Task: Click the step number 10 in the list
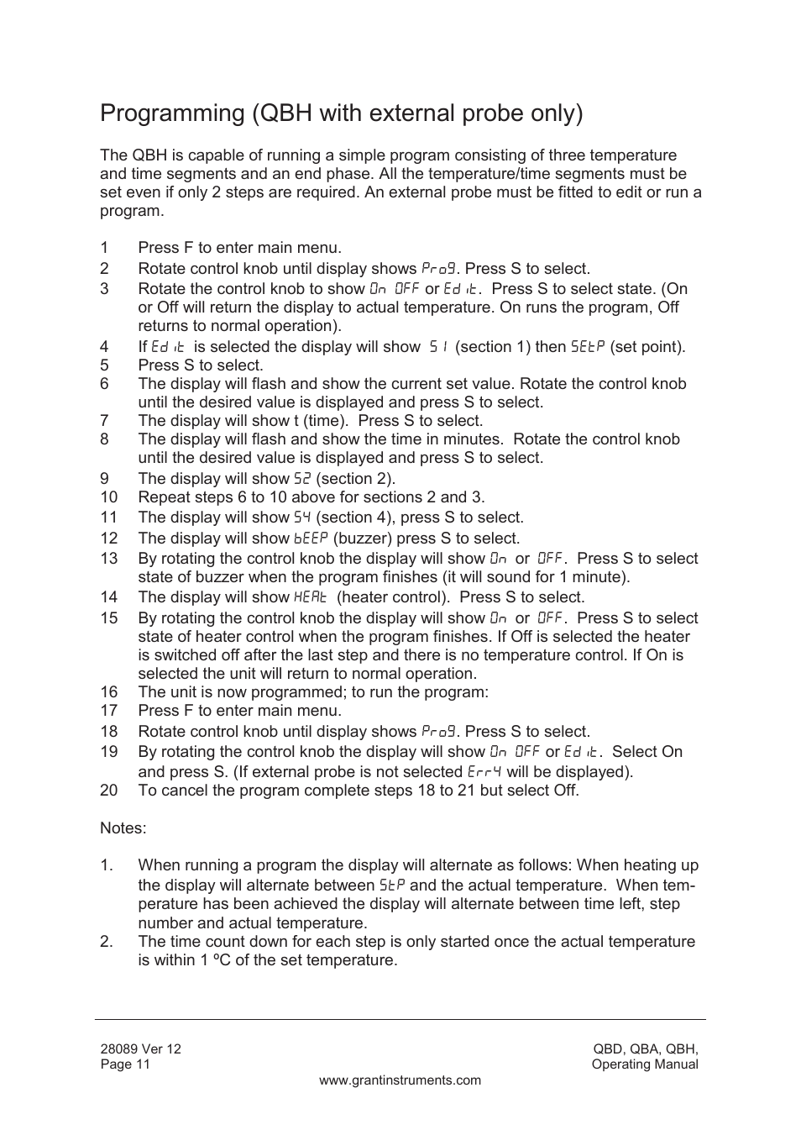point(108,497)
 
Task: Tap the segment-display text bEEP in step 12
point(310,539)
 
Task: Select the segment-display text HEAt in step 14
point(310,597)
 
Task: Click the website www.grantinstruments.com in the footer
point(400,1080)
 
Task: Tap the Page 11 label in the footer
point(125,1064)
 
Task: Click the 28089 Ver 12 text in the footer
point(140,1048)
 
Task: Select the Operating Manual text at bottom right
point(644,1064)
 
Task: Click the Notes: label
point(123,828)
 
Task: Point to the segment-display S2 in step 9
point(302,479)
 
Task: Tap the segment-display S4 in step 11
point(302,518)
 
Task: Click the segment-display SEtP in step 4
point(588,347)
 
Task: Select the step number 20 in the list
point(108,791)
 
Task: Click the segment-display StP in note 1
point(392,885)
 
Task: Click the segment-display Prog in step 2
point(438,269)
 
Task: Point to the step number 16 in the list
point(108,692)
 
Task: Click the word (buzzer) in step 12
point(363,539)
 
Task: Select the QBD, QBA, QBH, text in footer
point(645,1048)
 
